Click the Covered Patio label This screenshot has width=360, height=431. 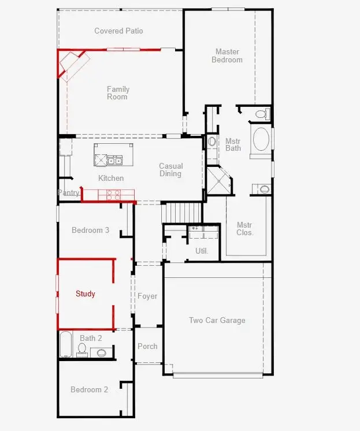coord(118,31)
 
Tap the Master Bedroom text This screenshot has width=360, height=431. coord(227,55)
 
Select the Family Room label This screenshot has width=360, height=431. coord(118,93)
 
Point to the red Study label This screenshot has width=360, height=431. coord(86,294)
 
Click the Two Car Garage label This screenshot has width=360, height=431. coord(217,320)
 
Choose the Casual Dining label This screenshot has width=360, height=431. coord(171,170)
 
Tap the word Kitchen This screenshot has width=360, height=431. coord(111,178)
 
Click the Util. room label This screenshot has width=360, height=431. coord(202,251)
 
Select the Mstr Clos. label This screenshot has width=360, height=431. coord(245,229)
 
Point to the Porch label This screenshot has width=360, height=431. coord(147,346)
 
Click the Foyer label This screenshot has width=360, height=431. coord(147,296)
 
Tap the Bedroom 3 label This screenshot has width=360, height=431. coord(90,230)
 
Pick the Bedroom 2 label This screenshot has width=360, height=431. coord(89,389)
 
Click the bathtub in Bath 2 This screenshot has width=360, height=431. coord(66,344)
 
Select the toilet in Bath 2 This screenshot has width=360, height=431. coord(81,350)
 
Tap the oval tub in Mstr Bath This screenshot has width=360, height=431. coord(261,139)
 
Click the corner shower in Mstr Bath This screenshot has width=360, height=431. coord(219,181)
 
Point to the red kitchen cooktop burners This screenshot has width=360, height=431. coord(113,195)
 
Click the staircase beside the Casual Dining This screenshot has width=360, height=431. coord(183,213)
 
